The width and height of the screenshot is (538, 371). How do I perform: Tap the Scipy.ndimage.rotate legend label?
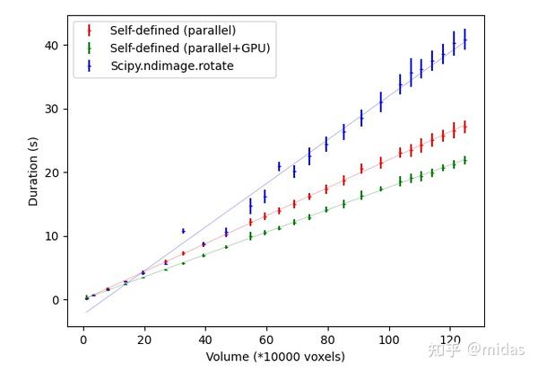[172, 66]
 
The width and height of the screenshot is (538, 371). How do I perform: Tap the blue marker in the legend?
[90, 66]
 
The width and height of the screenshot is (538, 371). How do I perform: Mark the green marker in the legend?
[90, 48]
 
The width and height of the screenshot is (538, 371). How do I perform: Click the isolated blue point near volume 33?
[183, 231]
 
